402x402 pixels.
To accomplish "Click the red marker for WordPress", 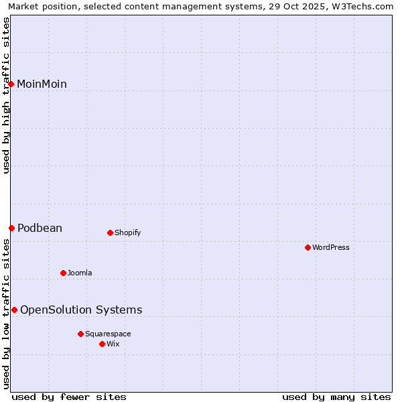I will [x=308, y=248].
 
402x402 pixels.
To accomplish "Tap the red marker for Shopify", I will [x=110, y=233].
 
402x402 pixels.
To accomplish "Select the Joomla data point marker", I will [x=63, y=273].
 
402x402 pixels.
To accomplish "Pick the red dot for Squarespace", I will [x=80, y=334].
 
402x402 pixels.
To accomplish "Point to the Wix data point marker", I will [x=102, y=344].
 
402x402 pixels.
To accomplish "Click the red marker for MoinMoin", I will [x=11, y=84].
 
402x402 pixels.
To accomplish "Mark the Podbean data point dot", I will [x=11, y=228].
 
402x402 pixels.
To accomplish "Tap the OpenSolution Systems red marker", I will [x=14, y=310].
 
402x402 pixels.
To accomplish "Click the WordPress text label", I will [x=331, y=248].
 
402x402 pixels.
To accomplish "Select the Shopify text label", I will [x=128, y=233].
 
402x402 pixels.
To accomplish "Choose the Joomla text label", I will [x=80, y=273].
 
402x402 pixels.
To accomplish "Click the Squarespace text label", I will [x=108, y=334].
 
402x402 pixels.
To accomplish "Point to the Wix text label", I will [x=113, y=344].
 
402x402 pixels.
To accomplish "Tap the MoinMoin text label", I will [x=42, y=84].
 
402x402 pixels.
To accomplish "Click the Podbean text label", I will [x=40, y=228].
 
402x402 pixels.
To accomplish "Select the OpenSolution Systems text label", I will [x=81, y=310].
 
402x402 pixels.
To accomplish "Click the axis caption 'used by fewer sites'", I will [x=69, y=397].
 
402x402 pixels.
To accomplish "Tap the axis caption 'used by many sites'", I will [x=336, y=397].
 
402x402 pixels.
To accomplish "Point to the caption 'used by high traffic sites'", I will [x=7, y=95].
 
